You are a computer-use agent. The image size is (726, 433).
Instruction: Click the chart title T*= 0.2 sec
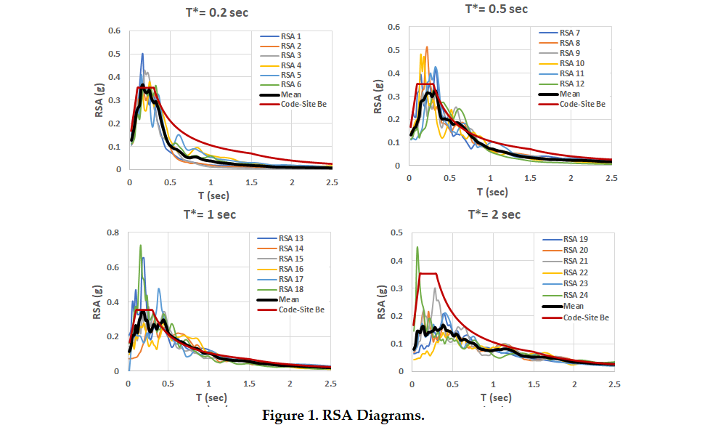click(x=216, y=12)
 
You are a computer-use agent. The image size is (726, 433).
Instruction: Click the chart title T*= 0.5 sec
click(x=497, y=9)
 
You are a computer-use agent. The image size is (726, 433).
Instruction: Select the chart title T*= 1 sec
click(x=210, y=214)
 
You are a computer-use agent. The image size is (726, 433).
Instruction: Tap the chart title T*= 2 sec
click(x=494, y=214)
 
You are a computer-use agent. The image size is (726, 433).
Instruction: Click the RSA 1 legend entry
click(x=280, y=36)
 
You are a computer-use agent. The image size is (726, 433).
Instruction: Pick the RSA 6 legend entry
click(x=280, y=84)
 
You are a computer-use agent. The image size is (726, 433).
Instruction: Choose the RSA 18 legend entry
click(x=280, y=289)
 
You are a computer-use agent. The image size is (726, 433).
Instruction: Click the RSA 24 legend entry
click(x=566, y=295)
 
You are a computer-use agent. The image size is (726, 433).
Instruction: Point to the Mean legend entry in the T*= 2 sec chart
click(x=563, y=306)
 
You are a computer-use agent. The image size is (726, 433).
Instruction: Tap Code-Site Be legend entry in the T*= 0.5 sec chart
click(x=572, y=104)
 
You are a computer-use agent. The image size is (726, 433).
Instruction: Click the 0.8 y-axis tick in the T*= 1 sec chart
click(x=113, y=232)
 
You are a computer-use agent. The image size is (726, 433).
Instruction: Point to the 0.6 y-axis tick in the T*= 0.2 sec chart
click(x=115, y=31)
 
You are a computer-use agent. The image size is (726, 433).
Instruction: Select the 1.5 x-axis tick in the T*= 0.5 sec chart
click(x=530, y=178)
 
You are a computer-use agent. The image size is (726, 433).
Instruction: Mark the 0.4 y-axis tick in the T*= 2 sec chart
click(x=397, y=261)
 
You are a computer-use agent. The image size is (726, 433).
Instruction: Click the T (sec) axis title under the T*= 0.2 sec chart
click(x=213, y=195)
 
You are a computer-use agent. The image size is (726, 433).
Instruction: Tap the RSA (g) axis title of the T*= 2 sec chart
click(x=381, y=302)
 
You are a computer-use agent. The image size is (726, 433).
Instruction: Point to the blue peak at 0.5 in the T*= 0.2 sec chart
click(x=143, y=54)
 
